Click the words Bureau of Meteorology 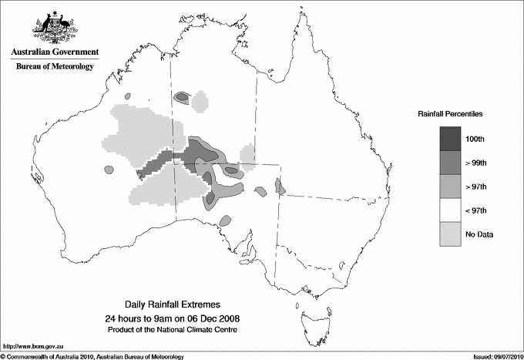click(54, 67)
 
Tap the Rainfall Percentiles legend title click(450, 114)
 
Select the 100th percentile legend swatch click(451, 138)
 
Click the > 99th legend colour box click(451, 162)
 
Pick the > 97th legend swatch click(451, 186)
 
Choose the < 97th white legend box click(451, 210)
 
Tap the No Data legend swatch click(451, 234)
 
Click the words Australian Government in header click(54, 52)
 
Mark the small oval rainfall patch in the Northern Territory click(183, 97)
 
